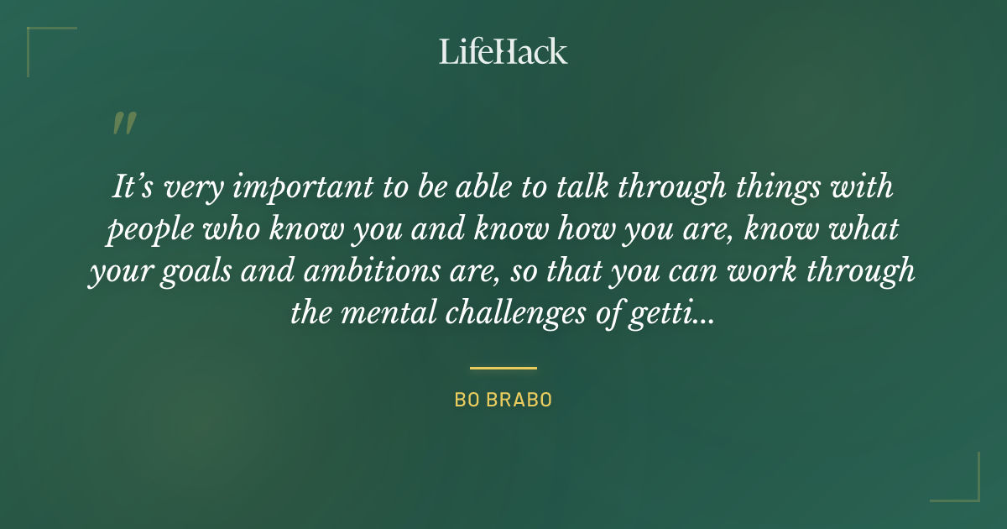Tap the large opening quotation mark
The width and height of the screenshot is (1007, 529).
[123, 124]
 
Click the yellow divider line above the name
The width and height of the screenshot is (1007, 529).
[503, 368]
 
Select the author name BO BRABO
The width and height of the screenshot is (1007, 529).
[503, 401]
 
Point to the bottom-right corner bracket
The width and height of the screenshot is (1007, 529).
[965, 487]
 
